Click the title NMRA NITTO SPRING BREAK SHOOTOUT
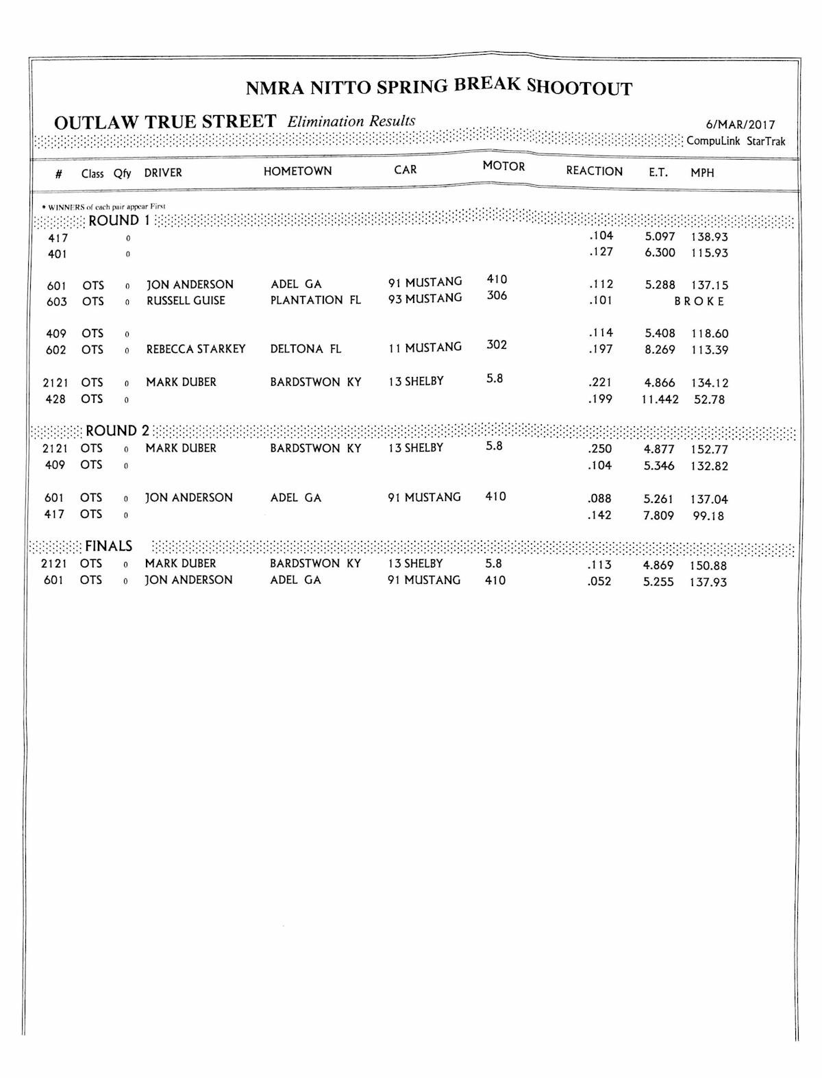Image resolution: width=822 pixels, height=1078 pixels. click(438, 87)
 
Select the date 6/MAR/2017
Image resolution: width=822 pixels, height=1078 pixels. click(740, 125)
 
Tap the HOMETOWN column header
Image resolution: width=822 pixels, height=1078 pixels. click(297, 171)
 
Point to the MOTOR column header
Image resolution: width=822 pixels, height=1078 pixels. click(503, 167)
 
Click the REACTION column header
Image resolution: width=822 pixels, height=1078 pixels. click(594, 171)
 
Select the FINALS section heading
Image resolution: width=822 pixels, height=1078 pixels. click(108, 546)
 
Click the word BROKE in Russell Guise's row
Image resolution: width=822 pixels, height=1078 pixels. click(699, 302)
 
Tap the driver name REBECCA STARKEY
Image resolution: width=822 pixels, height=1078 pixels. click(196, 349)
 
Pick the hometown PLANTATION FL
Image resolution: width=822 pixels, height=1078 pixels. click(315, 300)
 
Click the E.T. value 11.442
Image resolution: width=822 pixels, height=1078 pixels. click(660, 400)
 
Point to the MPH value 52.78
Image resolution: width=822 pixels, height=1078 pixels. click(709, 400)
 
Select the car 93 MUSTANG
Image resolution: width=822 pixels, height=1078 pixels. click(425, 299)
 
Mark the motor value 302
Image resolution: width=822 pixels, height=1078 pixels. click(497, 345)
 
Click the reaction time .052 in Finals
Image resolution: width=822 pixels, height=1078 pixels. click(599, 582)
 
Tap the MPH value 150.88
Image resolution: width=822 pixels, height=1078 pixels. click(708, 565)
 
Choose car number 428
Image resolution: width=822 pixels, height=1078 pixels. click(55, 399)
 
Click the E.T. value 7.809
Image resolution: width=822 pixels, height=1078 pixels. click(658, 515)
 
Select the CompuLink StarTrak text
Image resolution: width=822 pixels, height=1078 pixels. click(736, 141)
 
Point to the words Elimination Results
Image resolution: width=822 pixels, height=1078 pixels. click(351, 121)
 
